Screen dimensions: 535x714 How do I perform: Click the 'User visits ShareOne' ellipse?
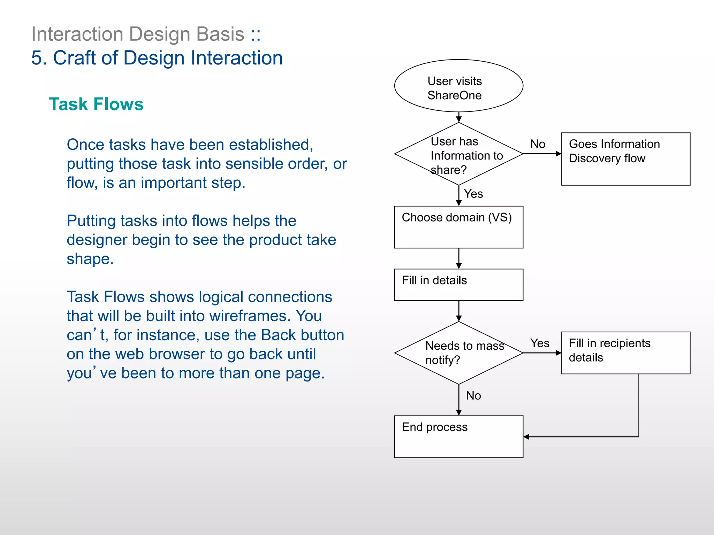458,86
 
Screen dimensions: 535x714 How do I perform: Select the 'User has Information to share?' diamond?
458,154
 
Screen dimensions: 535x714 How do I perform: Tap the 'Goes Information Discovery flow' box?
625,159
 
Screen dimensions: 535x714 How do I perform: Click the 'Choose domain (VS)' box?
458,227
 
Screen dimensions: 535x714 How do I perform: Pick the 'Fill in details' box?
458,285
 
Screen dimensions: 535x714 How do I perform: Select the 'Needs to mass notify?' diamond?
458,353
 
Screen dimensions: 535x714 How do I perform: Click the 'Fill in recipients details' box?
625,353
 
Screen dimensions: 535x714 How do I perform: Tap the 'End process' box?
458,436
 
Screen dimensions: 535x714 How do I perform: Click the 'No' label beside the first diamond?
538,144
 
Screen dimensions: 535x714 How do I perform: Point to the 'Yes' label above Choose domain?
473,194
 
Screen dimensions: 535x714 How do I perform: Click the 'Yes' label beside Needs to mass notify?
540,343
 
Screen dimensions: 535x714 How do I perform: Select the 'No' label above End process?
473,395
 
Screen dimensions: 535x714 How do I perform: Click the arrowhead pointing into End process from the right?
526,437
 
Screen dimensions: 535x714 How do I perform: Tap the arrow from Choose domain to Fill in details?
459,258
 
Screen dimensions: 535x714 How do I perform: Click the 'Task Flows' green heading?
96,104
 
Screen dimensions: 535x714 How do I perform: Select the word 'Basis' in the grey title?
220,34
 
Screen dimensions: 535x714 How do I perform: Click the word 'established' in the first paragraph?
271,145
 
